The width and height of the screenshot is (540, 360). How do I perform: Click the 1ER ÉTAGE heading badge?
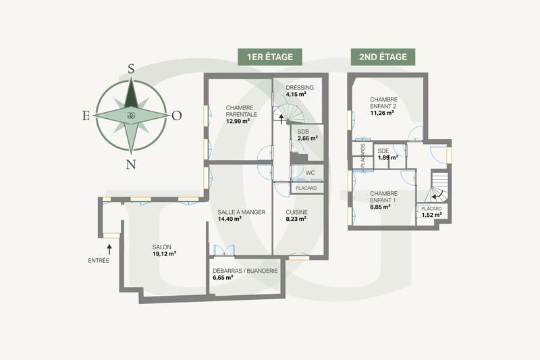(269, 57)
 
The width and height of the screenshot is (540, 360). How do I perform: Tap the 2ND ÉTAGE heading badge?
(383, 57)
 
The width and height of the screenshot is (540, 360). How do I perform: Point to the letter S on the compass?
(132, 68)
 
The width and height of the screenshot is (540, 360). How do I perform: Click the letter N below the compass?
(132, 163)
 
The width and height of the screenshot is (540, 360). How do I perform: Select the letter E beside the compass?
(86, 115)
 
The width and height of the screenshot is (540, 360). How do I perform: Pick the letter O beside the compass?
(177, 115)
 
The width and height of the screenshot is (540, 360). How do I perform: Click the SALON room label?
(164, 246)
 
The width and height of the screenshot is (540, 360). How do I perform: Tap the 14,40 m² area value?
(229, 220)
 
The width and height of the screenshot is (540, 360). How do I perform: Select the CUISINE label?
(297, 212)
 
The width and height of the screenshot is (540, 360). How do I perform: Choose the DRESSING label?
(300, 88)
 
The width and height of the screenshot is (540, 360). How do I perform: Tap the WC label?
(310, 173)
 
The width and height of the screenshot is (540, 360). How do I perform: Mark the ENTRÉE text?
(99, 260)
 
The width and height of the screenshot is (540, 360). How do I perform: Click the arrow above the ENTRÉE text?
(108, 250)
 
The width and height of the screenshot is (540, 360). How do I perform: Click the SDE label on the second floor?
(383, 151)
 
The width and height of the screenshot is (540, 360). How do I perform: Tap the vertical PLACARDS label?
(362, 156)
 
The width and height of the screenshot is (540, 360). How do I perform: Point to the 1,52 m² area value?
(431, 216)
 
